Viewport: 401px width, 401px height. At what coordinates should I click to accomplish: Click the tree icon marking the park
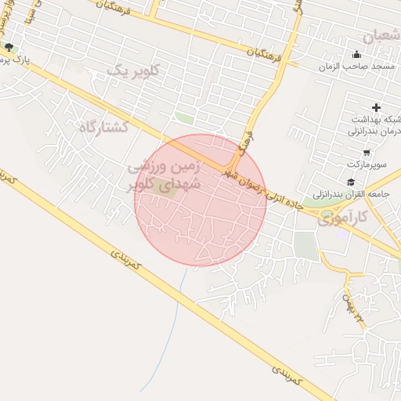[x=9, y=48]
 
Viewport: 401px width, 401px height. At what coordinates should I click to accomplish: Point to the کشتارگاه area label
[x=103, y=125]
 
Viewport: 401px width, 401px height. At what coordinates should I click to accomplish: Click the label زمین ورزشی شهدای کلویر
[x=166, y=176]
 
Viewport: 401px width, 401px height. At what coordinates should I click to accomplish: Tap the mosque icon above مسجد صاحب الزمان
[x=357, y=54]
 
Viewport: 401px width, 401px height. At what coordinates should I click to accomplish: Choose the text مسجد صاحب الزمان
[x=350, y=67]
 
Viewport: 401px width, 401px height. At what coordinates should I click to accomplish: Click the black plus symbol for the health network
[x=376, y=107]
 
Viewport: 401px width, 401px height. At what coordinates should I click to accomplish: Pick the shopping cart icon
[x=367, y=153]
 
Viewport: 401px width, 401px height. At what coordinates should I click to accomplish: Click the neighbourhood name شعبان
[x=381, y=34]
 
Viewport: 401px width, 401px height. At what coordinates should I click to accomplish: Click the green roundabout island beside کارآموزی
[x=327, y=213]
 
